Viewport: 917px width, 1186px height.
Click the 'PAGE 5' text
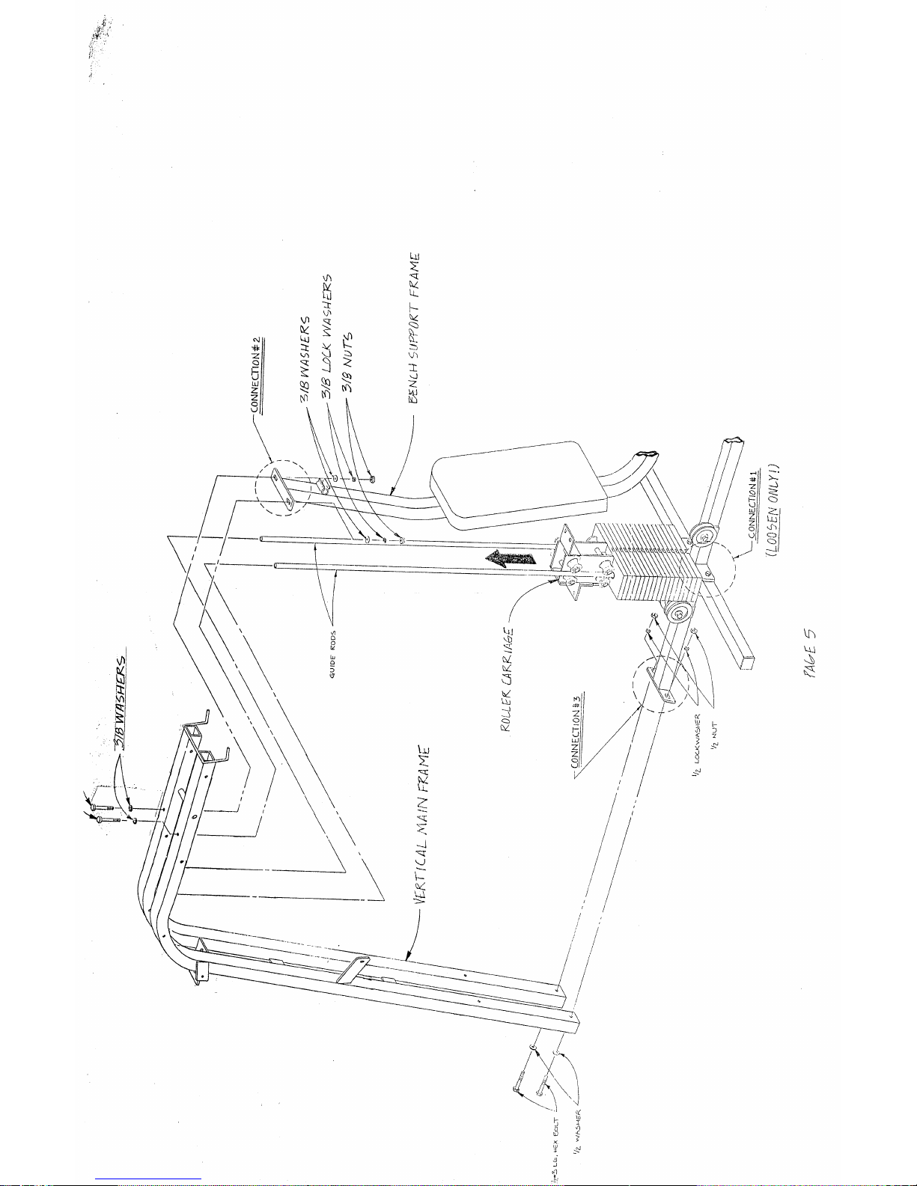click(811, 654)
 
